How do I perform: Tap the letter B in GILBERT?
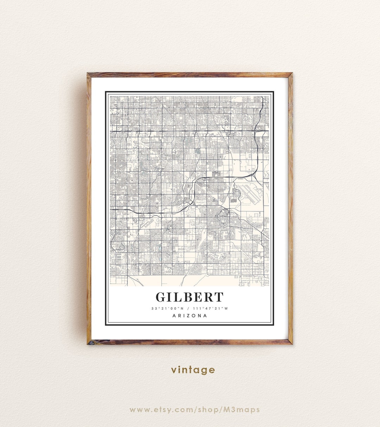tap(186, 297)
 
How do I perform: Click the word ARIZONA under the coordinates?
tap(190, 316)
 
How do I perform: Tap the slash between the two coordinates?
tap(189, 309)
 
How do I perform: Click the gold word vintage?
tap(193, 370)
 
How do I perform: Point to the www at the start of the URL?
tap(139, 409)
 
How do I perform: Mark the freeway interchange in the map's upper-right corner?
tap(259, 129)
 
